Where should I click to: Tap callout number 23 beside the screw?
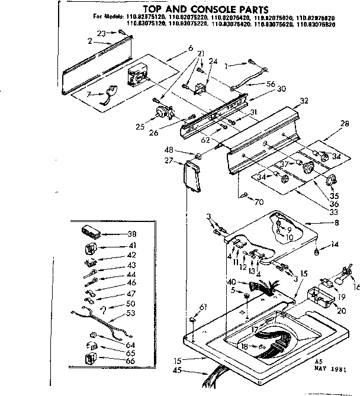(101, 33)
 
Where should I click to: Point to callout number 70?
(258, 201)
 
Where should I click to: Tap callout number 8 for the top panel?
(337, 223)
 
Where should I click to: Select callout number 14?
(335, 243)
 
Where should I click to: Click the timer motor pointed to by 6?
(137, 75)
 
